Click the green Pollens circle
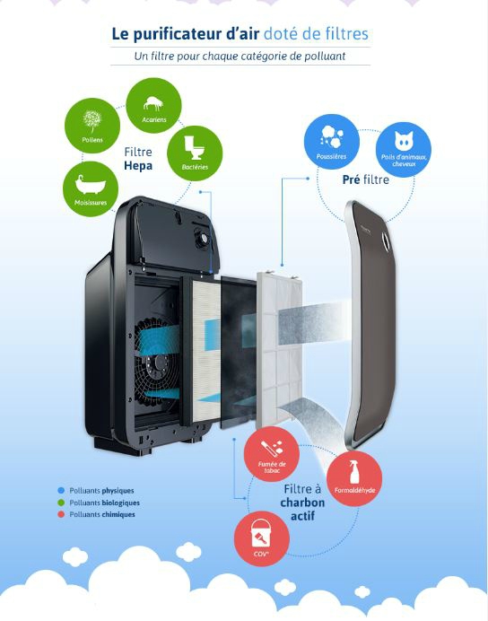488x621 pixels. coord(92,126)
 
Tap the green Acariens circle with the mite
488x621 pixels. coord(153,105)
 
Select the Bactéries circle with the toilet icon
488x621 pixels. coord(195,153)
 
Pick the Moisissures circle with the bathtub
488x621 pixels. coord(91,189)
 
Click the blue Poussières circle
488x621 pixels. coord(332,142)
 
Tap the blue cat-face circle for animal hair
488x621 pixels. coord(404,149)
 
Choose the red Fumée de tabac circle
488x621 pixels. coord(272,454)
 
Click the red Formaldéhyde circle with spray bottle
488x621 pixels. coord(354,478)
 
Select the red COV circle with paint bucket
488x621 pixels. coord(262,538)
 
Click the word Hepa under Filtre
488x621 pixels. coord(138,165)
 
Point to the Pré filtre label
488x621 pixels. coord(366,179)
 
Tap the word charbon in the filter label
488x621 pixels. coord(302,503)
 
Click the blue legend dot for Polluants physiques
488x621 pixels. coord(61,490)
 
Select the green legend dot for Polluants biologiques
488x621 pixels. coord(61,503)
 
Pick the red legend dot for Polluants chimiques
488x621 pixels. coord(61,514)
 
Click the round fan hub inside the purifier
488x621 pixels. coord(160,362)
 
